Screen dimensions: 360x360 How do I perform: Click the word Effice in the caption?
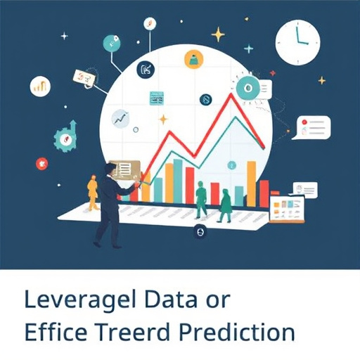click(x=53, y=332)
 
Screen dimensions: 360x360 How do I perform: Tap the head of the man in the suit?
click(x=109, y=169)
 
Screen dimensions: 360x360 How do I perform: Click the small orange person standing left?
click(x=92, y=192)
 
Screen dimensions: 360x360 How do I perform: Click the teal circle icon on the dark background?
click(x=112, y=43)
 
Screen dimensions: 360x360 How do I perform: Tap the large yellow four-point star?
click(x=218, y=34)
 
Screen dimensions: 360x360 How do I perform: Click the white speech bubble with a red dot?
click(x=312, y=128)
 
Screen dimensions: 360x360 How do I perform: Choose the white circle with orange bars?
click(x=41, y=87)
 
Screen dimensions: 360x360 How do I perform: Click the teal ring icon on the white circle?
click(x=246, y=88)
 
